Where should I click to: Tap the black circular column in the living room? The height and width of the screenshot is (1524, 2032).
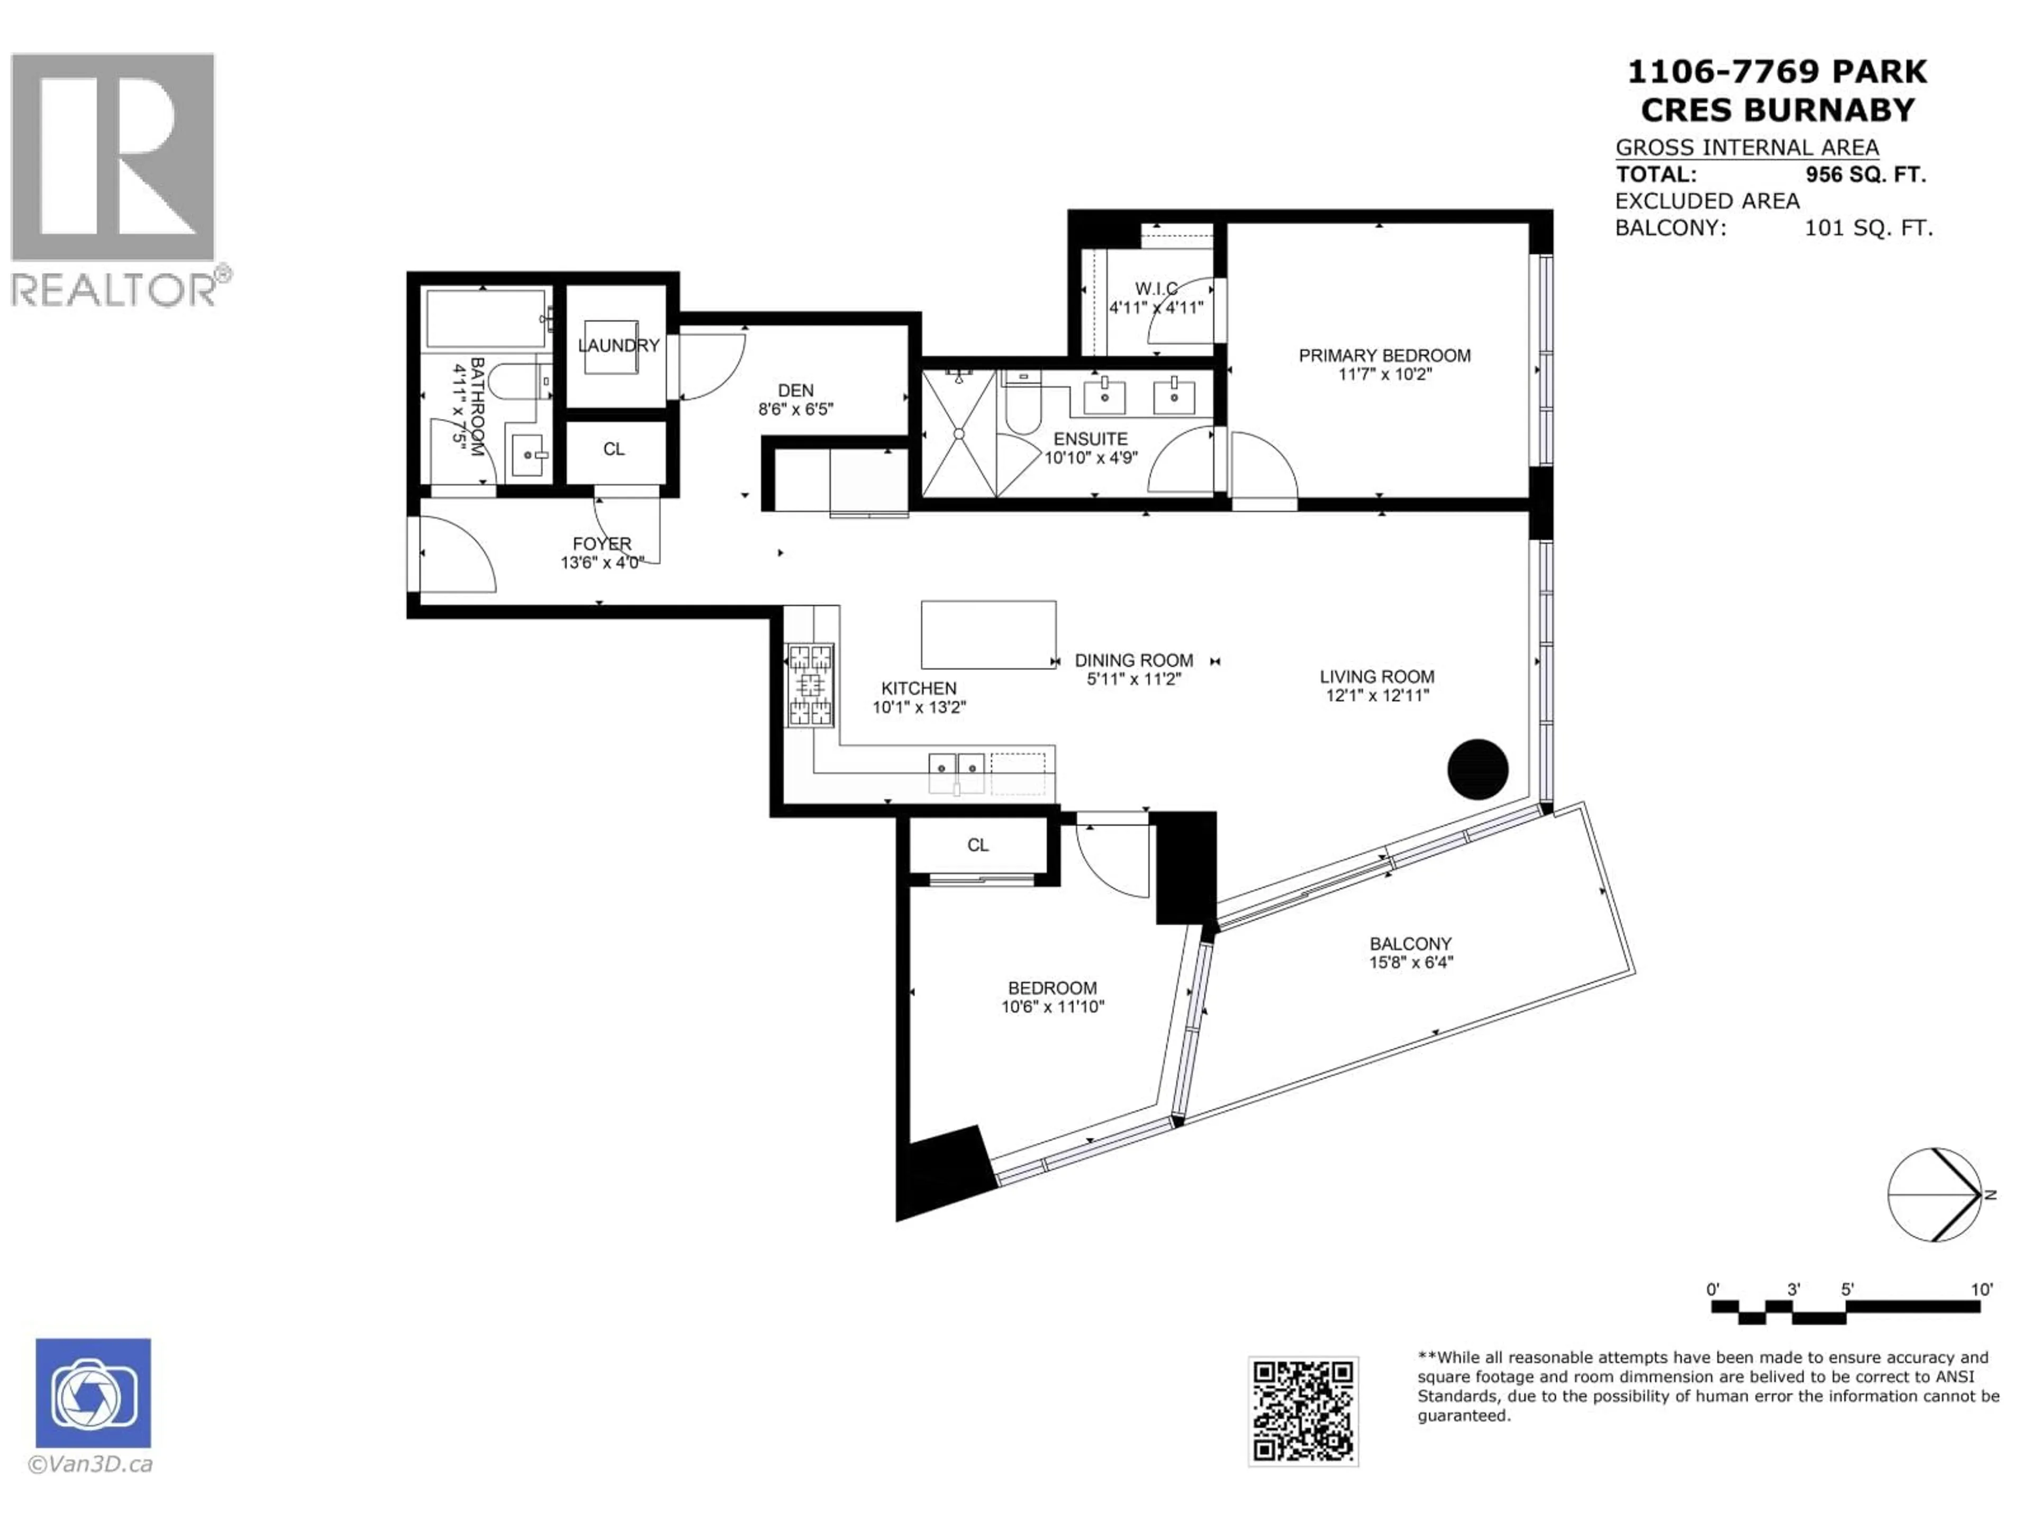point(1477,769)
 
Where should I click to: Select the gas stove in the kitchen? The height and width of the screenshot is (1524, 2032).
point(809,684)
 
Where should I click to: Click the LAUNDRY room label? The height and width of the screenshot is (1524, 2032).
point(618,346)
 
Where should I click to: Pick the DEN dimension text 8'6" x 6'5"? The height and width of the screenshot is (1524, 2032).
point(795,410)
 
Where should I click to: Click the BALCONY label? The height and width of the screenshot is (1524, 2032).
point(1410,944)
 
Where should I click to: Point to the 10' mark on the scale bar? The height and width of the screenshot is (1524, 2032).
point(1982,1290)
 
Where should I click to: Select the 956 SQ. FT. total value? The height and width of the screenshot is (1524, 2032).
point(1865,175)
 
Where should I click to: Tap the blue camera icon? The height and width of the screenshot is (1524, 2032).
point(93,1393)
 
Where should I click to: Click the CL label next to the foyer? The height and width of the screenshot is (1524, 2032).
point(614,449)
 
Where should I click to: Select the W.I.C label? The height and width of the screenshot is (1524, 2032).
point(1156,288)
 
